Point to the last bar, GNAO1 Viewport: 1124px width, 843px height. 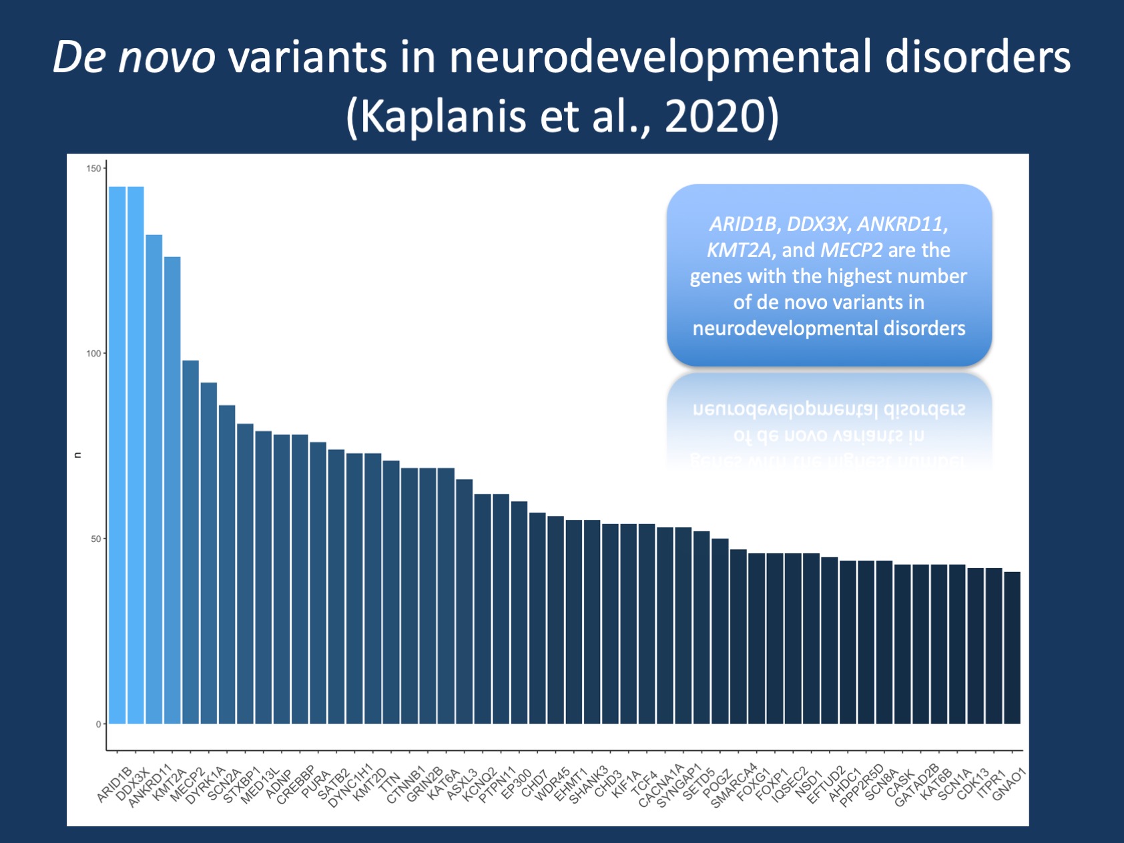pos(1012,647)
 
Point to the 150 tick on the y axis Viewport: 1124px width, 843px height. pos(93,168)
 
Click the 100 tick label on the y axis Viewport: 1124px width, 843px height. pos(93,354)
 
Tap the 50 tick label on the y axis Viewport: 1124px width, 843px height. pos(95,539)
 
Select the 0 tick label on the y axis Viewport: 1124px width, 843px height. pos(98,724)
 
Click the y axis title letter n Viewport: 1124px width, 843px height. pos(77,455)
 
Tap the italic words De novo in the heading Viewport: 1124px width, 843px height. pos(133,57)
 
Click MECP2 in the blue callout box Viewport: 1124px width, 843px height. pos(852,250)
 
